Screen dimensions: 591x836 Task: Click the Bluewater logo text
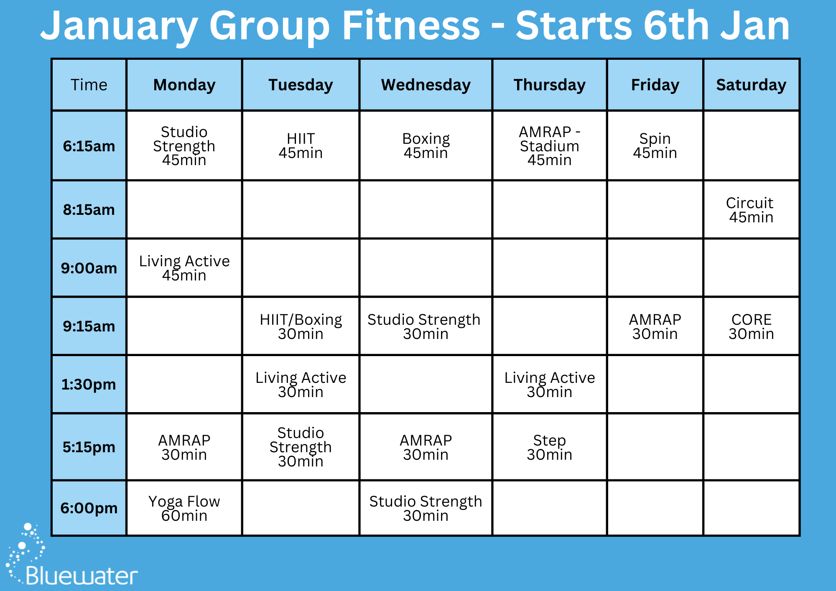(82, 576)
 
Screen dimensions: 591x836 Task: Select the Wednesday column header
(426, 85)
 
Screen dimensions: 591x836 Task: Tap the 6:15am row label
(89, 146)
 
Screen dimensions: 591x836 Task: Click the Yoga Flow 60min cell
(184, 508)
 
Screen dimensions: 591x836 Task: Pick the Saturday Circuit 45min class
(751, 210)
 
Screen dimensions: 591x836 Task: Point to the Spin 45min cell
(655, 146)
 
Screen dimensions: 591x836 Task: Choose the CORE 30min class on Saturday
(751, 326)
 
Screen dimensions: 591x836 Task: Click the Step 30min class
(549, 447)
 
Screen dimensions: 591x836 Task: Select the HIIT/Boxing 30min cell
(301, 326)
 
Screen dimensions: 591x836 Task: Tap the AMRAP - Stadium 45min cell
(549, 146)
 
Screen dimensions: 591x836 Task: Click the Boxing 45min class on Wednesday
(426, 146)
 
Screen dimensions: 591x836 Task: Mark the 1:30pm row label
(89, 385)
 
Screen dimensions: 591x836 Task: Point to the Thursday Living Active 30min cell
(549, 385)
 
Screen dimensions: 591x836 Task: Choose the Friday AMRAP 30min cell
(655, 326)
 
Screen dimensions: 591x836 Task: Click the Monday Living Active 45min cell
(184, 268)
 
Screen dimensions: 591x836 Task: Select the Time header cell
(89, 85)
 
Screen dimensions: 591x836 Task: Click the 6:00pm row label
(89, 508)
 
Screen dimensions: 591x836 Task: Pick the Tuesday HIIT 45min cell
(301, 146)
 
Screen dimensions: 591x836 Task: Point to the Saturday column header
(751, 85)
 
